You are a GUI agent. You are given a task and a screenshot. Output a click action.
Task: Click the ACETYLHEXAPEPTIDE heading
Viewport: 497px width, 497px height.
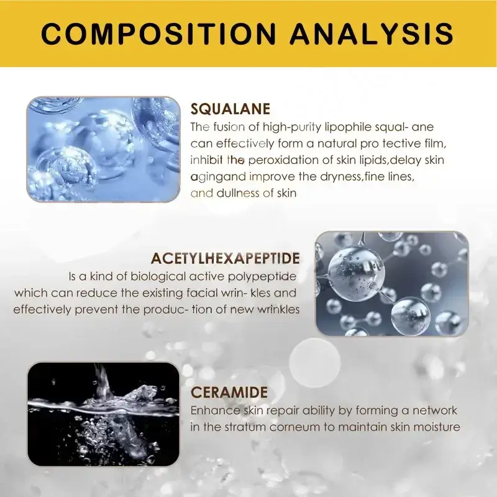point(226,258)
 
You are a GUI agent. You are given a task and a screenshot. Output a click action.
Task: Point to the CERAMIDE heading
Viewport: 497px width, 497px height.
point(229,392)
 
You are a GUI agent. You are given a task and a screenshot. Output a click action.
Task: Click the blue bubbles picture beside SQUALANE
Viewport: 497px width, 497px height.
point(103,149)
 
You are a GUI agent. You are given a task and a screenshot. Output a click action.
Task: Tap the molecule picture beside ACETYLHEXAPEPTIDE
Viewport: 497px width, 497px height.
point(391,284)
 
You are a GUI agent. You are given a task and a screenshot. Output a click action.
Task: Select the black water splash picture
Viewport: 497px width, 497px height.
point(103,414)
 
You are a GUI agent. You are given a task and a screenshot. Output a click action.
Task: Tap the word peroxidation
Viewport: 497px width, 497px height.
point(282,160)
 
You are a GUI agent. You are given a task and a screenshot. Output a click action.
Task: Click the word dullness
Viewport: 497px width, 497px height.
point(235,193)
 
